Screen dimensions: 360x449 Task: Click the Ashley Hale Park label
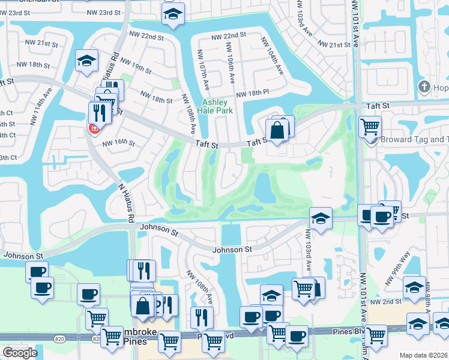coord(218,106)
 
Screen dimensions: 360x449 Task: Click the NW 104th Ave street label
coord(271,56)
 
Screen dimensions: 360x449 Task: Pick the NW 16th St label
coord(118,143)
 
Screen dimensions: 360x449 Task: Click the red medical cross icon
coord(94,128)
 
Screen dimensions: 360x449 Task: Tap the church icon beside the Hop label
coord(424,87)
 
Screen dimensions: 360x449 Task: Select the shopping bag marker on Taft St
coord(276,130)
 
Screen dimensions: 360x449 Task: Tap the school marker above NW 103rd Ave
coord(321,218)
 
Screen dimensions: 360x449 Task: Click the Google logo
coord(20,352)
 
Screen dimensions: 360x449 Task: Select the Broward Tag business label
coord(414,140)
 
